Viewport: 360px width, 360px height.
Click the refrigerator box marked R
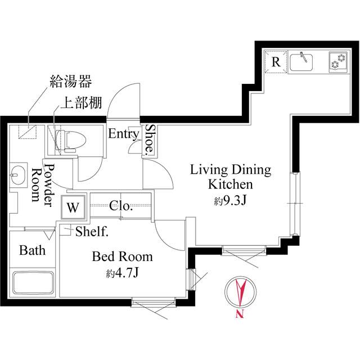[276, 62]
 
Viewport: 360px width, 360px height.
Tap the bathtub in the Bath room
[33, 283]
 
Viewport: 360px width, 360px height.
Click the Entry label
[123, 134]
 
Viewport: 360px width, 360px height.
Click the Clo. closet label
[121, 206]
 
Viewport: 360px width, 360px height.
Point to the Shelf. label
[92, 231]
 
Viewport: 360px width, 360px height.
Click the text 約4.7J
[123, 274]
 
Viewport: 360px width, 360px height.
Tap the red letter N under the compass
[240, 314]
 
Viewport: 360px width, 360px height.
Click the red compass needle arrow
[240, 292]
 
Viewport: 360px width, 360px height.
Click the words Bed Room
[123, 257]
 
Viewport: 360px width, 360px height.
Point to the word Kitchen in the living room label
[231, 184]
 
